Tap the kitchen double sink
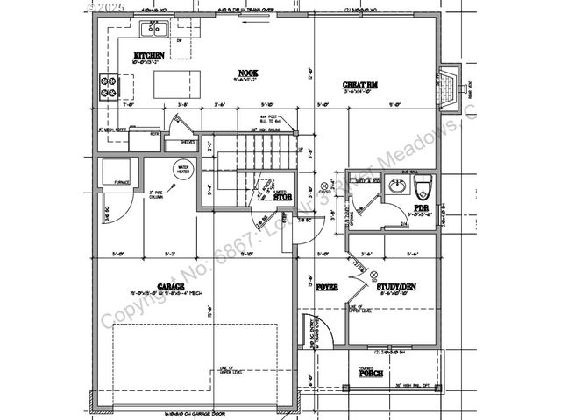(155, 30)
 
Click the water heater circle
(183, 169)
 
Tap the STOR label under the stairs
(281, 198)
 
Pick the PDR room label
(421, 208)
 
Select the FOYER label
(327, 285)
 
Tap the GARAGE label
(170, 286)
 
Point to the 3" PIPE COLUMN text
(159, 194)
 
